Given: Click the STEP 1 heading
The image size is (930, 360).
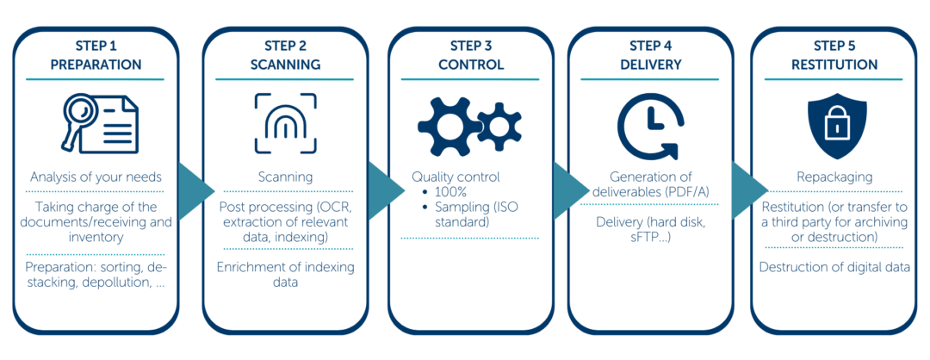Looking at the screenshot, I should click(x=95, y=46).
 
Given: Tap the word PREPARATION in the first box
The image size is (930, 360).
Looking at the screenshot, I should click(x=95, y=65).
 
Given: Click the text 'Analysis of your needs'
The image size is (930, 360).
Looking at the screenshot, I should click(x=95, y=177).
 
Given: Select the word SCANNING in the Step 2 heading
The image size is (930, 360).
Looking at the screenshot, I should click(x=285, y=65).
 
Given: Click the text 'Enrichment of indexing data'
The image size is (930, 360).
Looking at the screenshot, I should click(x=285, y=275).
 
